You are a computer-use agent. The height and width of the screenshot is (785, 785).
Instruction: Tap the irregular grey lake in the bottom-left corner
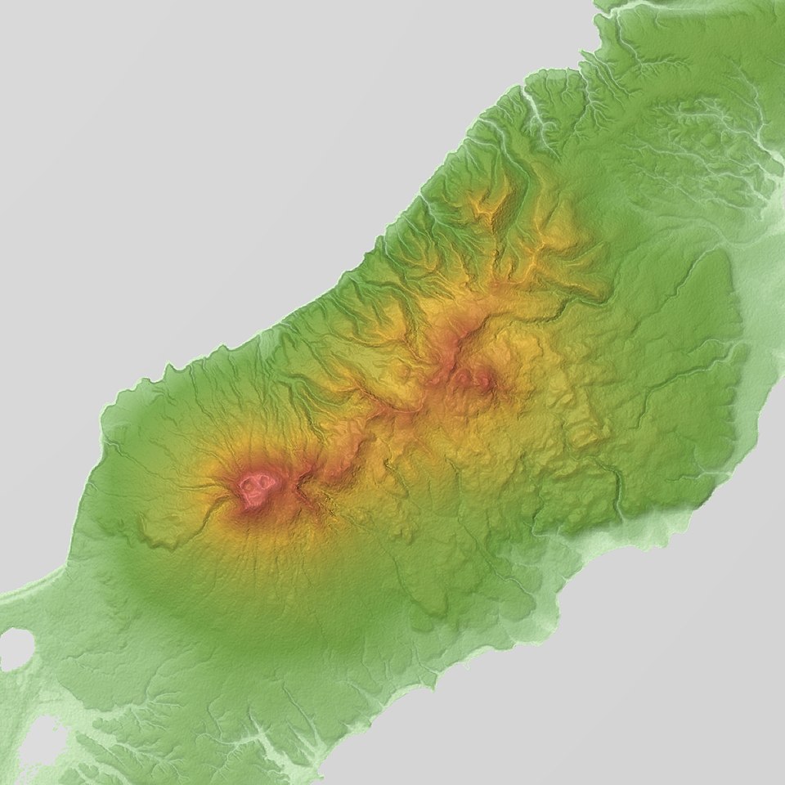pyautogui.click(x=37, y=740)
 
